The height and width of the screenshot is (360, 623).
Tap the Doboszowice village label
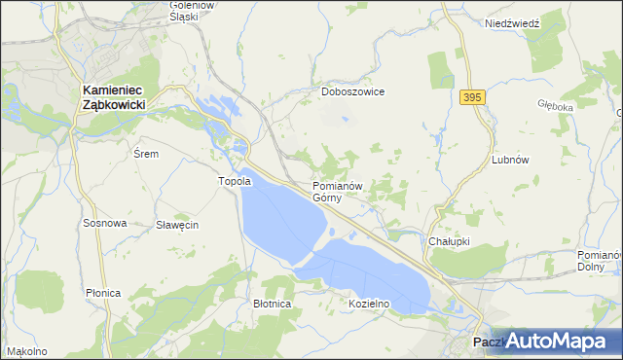point(353,91)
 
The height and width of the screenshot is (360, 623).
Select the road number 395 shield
point(472,97)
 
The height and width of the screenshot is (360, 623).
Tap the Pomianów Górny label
point(338,191)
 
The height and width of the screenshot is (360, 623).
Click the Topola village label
point(234,181)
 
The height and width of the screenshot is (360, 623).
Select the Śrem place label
point(144,154)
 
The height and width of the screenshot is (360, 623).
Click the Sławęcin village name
point(177,225)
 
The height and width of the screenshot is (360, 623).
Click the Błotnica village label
point(273,304)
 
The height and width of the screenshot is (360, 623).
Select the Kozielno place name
point(369,303)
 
